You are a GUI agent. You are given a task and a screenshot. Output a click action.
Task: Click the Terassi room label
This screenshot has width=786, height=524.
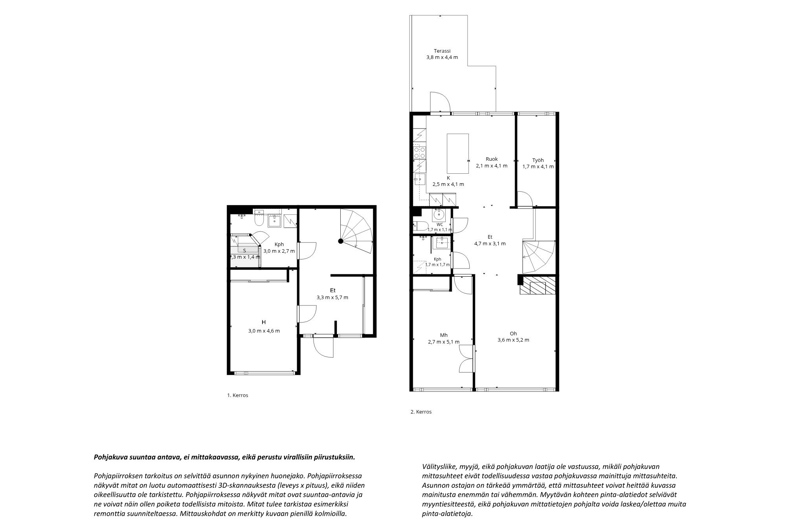point(442,51)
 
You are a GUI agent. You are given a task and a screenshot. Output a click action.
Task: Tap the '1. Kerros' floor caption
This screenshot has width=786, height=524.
point(238,395)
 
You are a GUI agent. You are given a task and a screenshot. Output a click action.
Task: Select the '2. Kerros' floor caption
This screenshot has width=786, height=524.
point(421,412)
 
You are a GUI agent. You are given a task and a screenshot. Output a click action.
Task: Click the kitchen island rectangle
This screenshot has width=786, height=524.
point(458,154)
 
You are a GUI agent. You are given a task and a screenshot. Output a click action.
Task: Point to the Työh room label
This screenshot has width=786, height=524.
point(538,160)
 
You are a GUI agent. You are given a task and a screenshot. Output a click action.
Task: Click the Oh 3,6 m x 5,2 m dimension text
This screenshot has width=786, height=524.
point(513,340)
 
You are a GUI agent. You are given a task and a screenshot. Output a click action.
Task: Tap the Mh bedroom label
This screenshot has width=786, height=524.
point(444,335)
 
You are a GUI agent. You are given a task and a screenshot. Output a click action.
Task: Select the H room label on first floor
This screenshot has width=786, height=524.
point(264,322)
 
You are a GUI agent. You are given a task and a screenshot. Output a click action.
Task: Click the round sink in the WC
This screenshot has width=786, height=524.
point(438,215)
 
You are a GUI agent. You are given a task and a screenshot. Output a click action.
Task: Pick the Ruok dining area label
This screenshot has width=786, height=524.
point(492,159)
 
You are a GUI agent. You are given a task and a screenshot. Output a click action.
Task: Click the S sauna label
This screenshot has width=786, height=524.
point(244,250)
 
